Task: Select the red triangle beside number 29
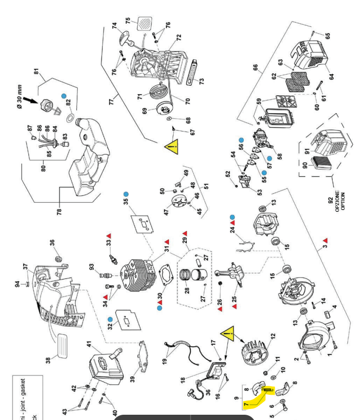185,232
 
